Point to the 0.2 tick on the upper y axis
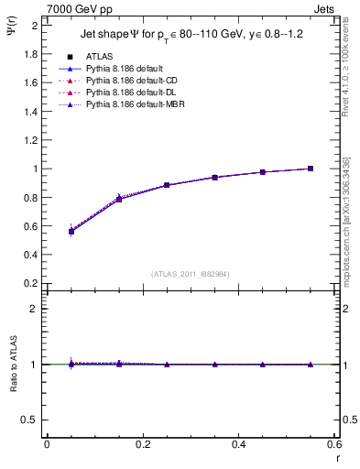coord(30,283)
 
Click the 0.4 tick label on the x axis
coord(238,444)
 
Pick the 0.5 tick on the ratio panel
coord(30,420)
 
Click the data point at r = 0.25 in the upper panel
coord(167,185)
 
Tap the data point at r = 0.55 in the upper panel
coord(311,169)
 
